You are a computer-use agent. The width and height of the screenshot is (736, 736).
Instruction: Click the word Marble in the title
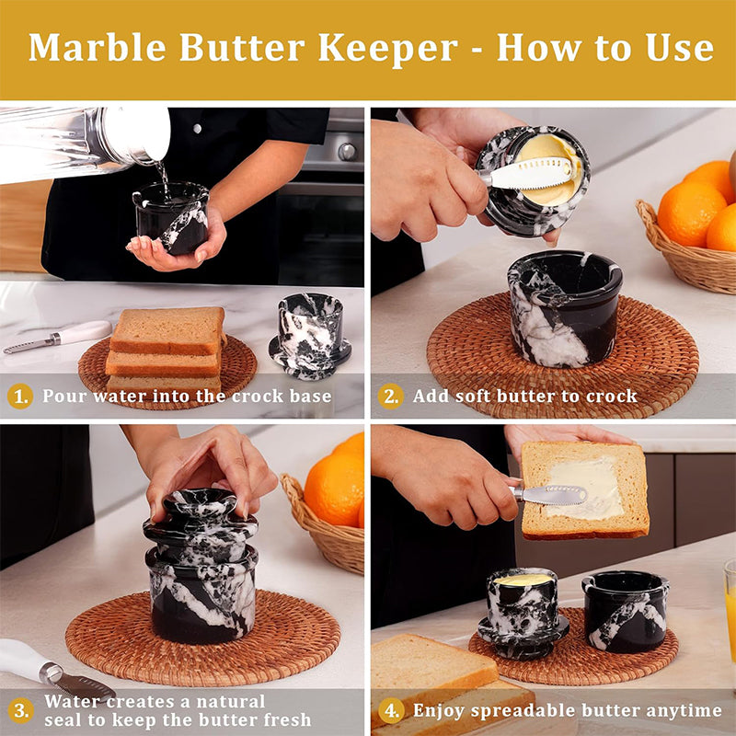pos(98,48)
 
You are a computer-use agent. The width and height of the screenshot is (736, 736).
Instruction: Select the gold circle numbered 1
pos(20,397)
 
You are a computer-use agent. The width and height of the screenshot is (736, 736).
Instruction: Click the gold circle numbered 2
pos(390,397)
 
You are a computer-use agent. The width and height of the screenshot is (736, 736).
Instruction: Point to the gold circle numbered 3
pos(20,710)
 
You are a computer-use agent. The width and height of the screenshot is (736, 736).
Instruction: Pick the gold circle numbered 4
pos(391,710)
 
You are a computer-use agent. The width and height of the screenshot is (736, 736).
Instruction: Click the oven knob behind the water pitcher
pos(348,152)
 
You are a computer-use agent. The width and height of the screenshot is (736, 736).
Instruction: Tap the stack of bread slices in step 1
pos(167,350)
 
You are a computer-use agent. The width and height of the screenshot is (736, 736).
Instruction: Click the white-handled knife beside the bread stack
pos(58,337)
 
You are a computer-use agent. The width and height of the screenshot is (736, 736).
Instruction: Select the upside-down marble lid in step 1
pos(310,336)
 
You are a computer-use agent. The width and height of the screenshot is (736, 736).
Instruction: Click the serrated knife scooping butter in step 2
pos(525,174)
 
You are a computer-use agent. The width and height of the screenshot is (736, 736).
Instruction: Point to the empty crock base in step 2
pos(565,308)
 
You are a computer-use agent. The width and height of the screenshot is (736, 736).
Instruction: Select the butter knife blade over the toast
pos(555,495)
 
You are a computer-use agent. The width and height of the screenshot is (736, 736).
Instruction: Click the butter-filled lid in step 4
pos(523,612)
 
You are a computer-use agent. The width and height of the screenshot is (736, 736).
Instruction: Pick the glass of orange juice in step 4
pos(730,605)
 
